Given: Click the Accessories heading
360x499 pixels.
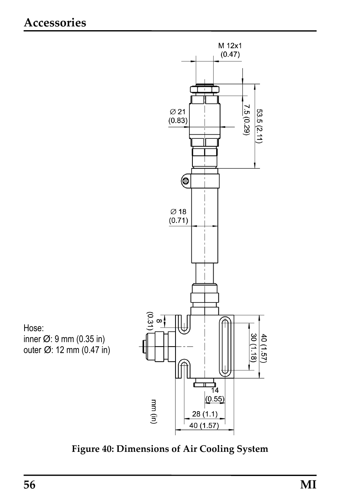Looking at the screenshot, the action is point(55,23).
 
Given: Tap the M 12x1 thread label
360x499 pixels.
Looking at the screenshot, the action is point(230,46).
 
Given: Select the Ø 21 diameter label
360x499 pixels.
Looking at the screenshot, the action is point(178,112).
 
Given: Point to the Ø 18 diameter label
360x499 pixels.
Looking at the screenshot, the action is point(178,212).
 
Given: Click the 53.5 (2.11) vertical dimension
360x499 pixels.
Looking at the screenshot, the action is point(259,126).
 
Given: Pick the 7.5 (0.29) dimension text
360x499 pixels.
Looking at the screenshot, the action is point(246,120).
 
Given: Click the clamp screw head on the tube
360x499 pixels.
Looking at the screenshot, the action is point(186,181).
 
